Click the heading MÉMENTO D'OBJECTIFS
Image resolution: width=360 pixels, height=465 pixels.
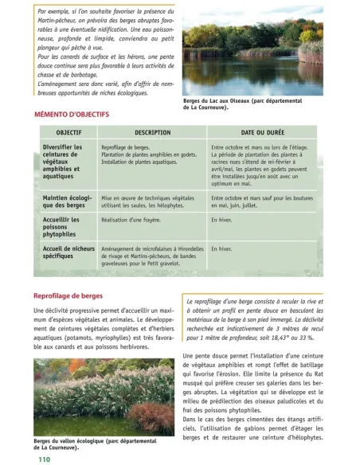(72, 115)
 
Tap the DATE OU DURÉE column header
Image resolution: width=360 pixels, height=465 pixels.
(262, 131)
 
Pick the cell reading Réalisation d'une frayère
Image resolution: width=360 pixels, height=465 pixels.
(131, 219)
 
